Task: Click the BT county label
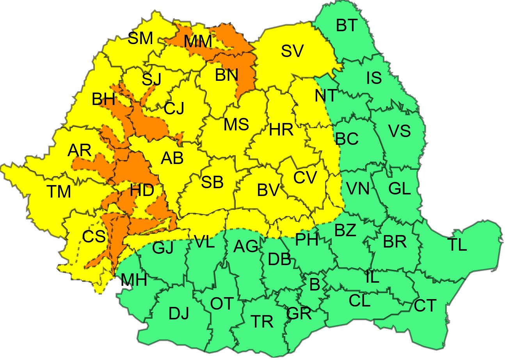[x=347, y=26]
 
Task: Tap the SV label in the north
[x=292, y=51]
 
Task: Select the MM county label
[x=197, y=41]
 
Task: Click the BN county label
[x=226, y=75]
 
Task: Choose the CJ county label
[x=174, y=108]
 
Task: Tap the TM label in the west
[x=59, y=191]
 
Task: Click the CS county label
[x=94, y=236]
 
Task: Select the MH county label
[x=133, y=280]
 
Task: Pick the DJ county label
[x=179, y=314]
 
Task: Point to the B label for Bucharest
[x=315, y=285]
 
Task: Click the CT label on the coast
[x=425, y=306]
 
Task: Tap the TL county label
[x=457, y=245]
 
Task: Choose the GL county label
[x=400, y=189]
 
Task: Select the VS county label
[x=399, y=131]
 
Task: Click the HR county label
[x=281, y=130]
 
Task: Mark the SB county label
[x=212, y=182]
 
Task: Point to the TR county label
[x=262, y=322]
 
